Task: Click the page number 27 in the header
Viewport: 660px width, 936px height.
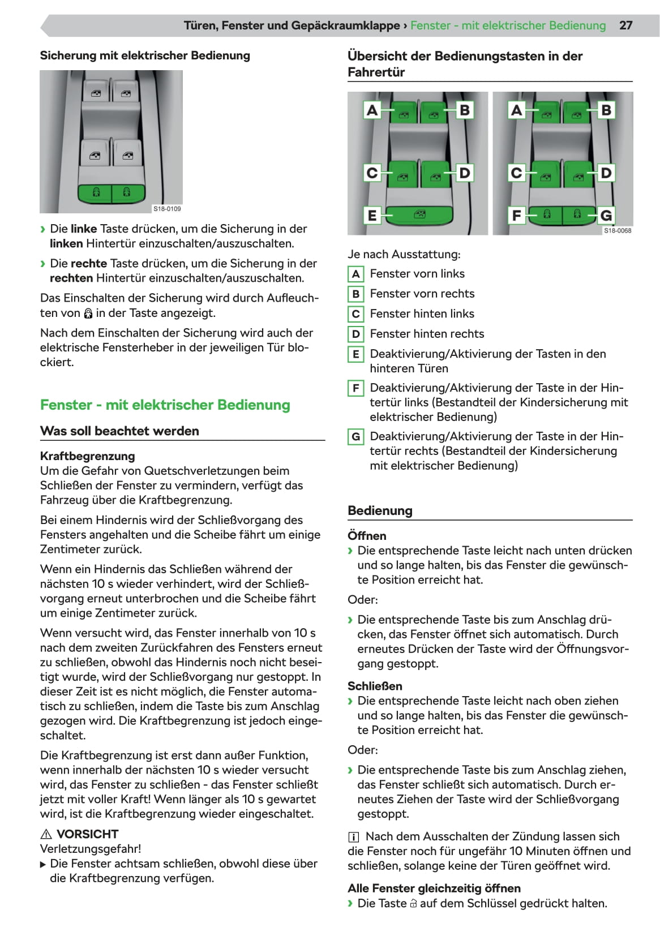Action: coord(625,25)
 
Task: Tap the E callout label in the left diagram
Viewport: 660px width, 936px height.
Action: coord(372,215)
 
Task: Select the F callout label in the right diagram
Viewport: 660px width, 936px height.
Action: coord(516,215)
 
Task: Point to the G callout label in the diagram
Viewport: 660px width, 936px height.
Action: coord(606,215)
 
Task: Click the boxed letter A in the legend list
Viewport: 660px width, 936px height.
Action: coord(355,274)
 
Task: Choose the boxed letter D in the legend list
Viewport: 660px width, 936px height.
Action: coord(355,334)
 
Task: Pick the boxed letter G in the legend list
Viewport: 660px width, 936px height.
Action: coord(355,436)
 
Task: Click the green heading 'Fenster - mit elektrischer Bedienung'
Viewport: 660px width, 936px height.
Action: coord(165,405)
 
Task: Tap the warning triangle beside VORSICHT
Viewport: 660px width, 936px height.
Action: coord(46,834)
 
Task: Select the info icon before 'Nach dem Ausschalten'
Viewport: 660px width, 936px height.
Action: coord(354,837)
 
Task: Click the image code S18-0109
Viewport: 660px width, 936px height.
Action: coord(167,209)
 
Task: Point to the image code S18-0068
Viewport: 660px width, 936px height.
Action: coord(617,230)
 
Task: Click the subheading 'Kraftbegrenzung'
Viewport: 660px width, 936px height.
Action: coord(87,456)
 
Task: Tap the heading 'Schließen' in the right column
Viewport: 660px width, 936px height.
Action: coord(375,686)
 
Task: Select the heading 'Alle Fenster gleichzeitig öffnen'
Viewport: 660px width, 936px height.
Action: coord(434,888)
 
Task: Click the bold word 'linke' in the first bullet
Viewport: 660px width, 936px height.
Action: coord(84,229)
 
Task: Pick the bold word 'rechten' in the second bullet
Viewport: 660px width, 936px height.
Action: coord(71,278)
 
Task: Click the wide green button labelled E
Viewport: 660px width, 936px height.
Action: coord(419,215)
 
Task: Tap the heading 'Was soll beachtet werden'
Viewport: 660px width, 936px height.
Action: coord(119,431)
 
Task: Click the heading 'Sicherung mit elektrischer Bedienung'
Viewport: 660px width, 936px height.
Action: coord(145,55)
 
